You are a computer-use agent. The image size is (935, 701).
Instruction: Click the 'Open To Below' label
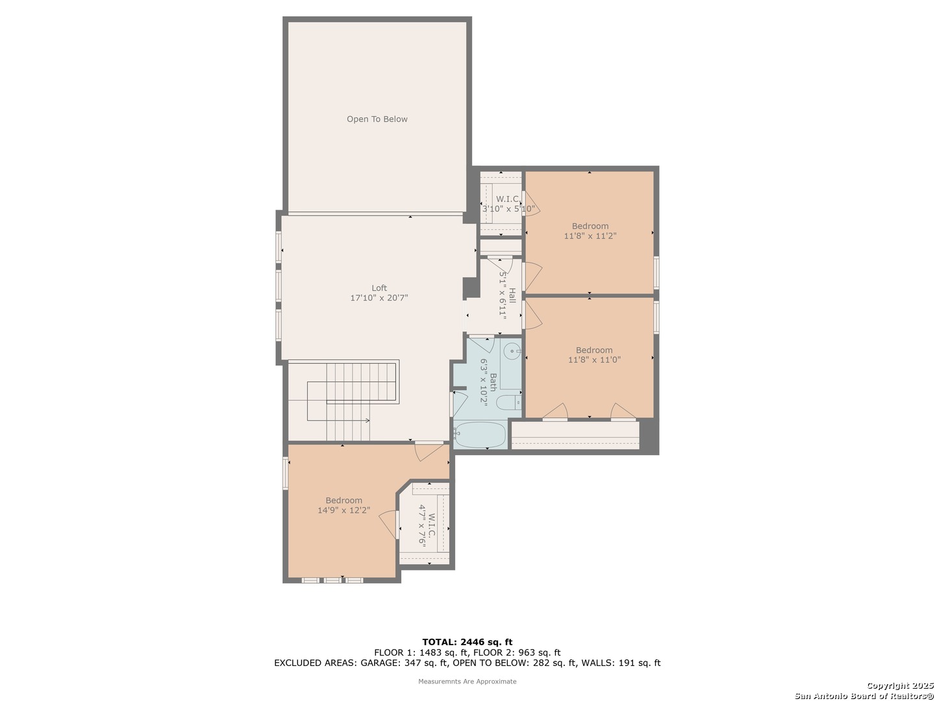[x=377, y=119]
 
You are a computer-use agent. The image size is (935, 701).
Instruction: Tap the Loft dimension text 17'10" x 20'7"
[x=379, y=297]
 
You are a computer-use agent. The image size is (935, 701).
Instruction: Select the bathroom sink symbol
[x=510, y=351]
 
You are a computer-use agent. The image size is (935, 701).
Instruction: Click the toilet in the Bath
[x=508, y=402]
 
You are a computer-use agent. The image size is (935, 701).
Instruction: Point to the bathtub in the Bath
[x=480, y=435]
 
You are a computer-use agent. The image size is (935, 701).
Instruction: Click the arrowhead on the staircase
[x=368, y=421]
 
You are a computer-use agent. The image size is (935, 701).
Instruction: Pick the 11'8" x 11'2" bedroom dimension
[x=590, y=236]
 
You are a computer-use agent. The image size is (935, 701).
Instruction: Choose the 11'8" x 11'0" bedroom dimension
[x=594, y=360]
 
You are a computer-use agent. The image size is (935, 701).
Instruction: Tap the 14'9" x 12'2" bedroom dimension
[x=343, y=510]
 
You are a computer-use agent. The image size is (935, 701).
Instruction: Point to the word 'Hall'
[x=512, y=295]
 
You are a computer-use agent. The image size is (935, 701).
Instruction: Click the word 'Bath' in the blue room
[x=493, y=382]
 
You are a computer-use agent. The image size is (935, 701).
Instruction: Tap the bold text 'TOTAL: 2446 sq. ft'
[x=467, y=642]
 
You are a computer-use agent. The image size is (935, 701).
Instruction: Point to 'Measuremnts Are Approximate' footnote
[x=467, y=682]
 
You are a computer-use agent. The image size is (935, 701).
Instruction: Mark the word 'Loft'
[x=379, y=288]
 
